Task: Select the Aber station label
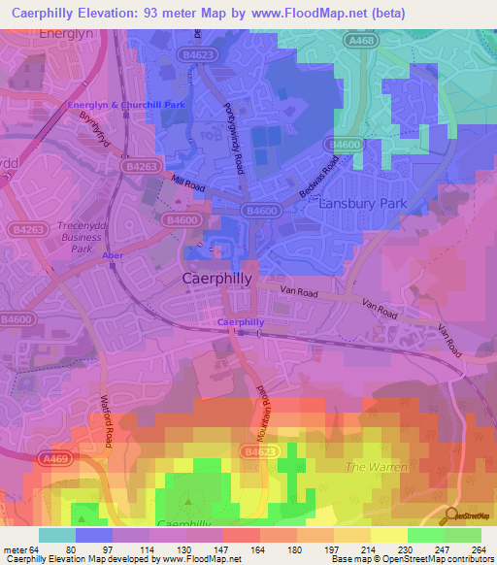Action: [x=113, y=255]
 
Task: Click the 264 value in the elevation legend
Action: [x=478, y=548]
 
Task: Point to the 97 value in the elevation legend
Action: [x=94, y=548]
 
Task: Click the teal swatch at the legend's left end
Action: [x=57, y=535]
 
